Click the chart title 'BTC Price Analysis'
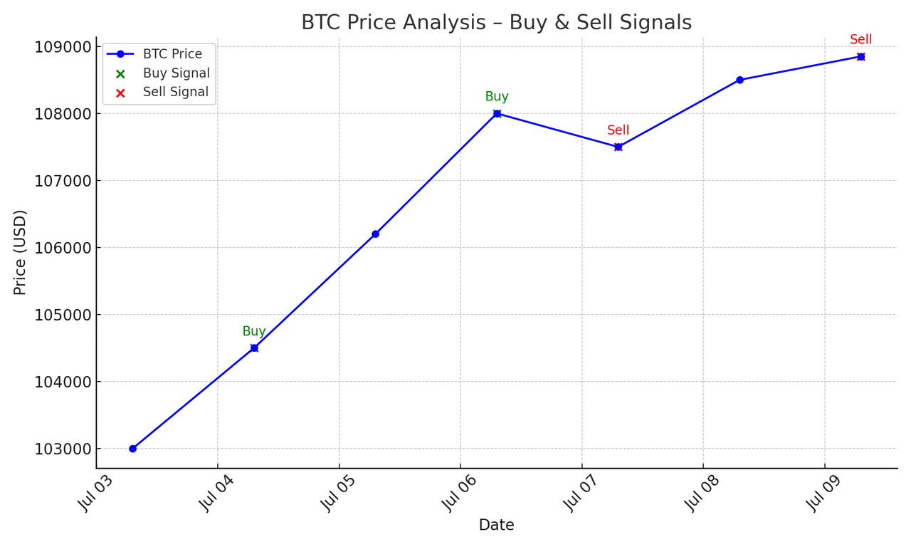click(x=394, y=22)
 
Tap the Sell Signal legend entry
click(x=162, y=92)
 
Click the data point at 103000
click(x=132, y=449)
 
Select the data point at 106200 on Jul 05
click(x=375, y=234)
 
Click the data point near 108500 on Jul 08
click(x=739, y=80)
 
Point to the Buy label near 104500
click(x=254, y=331)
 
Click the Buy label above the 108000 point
click(x=497, y=96)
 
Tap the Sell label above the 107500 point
click(x=618, y=130)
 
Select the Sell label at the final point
click(x=861, y=39)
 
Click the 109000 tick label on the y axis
click(x=63, y=47)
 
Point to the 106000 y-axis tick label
click(x=63, y=248)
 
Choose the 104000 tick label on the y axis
click(x=63, y=382)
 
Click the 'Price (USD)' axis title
click(x=19, y=253)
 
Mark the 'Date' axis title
click(x=497, y=525)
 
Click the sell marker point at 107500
click(x=618, y=147)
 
